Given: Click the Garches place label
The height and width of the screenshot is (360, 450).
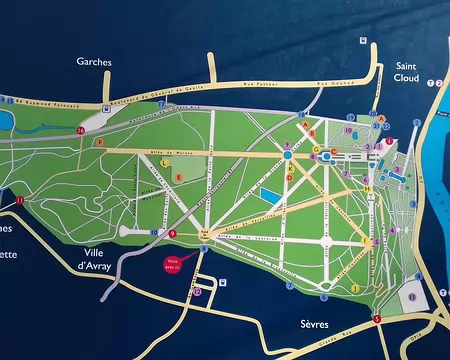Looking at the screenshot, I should tap(94, 61).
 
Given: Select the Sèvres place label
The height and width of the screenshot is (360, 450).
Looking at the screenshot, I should tap(314, 325).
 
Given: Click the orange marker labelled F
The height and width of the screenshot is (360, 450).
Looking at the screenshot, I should tap(100, 144).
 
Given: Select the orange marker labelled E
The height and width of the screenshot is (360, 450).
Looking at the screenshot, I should tap(179, 177).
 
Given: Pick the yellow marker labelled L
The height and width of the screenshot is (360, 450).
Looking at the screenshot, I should tap(163, 161).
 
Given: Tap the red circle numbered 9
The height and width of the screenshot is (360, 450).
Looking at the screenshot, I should tap(172, 234).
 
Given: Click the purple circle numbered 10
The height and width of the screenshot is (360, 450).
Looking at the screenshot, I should tap(349, 131).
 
